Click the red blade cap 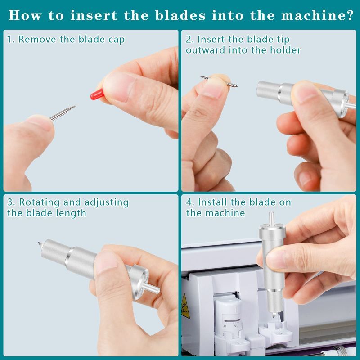(x=97, y=94)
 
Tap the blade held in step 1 (x=63, y=113)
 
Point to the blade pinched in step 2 (x=219, y=82)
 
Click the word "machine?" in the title (x=317, y=15)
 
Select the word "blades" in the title (x=180, y=15)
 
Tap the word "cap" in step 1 (x=117, y=40)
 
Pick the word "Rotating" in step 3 (x=39, y=202)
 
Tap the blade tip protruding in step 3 (x=40, y=244)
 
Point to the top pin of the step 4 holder (x=271, y=218)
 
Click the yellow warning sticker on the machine (x=186, y=306)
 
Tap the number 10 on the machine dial (x=225, y=326)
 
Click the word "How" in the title (x=25, y=15)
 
